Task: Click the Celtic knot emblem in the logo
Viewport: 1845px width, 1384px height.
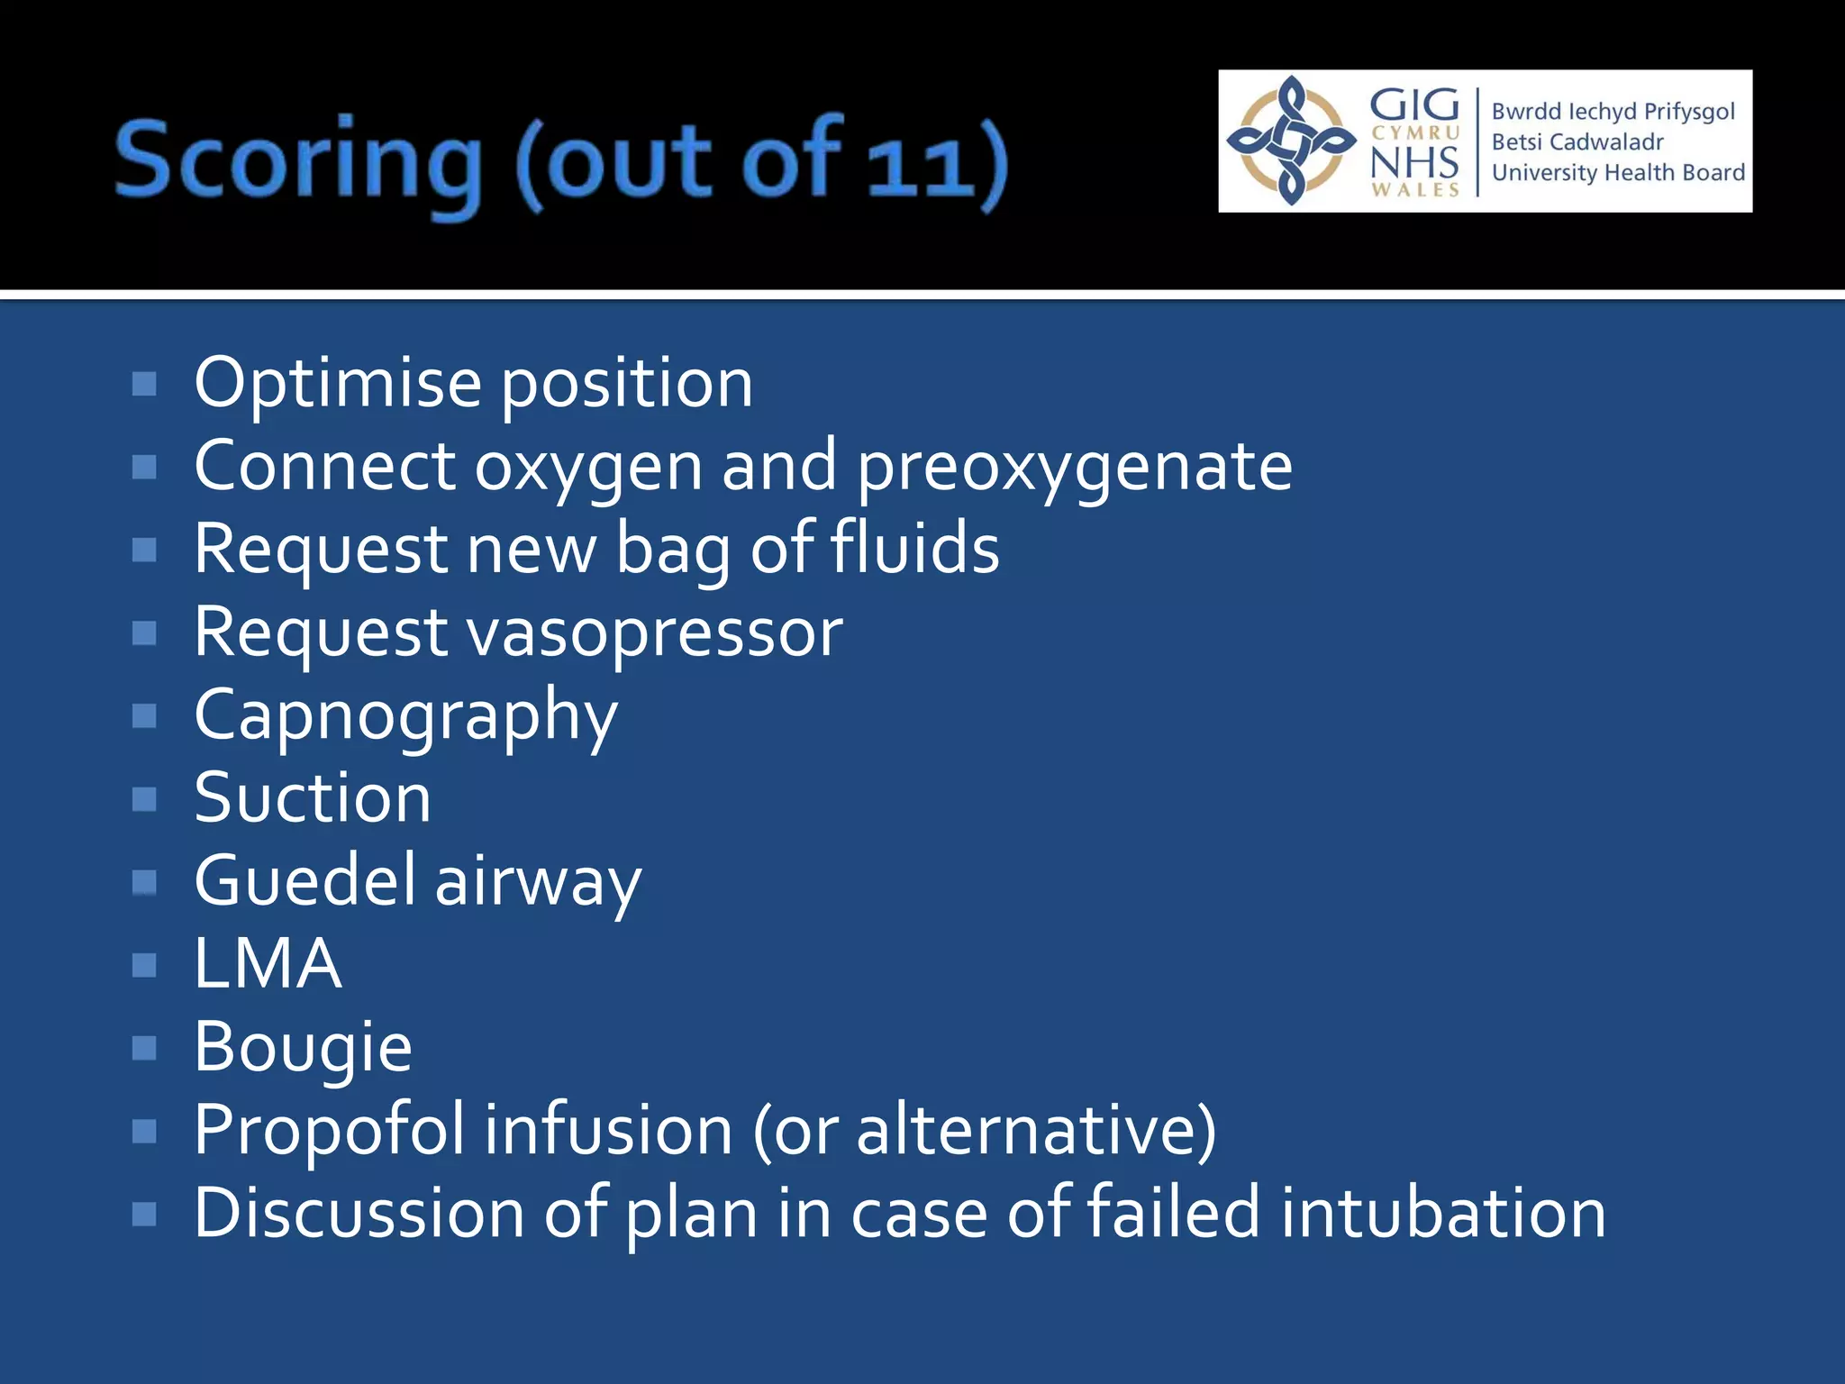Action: point(1291,141)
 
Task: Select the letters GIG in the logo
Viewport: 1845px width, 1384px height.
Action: point(1414,105)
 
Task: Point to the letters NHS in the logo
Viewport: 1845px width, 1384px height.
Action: point(1414,162)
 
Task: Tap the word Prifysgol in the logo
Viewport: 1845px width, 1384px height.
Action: point(1689,111)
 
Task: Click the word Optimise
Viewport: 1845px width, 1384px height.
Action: point(338,384)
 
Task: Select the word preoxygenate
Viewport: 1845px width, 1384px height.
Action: point(1074,468)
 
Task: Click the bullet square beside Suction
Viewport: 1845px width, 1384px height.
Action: point(144,799)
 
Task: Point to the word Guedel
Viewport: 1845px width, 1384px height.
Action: point(304,881)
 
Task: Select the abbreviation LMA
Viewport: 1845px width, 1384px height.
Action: point(268,964)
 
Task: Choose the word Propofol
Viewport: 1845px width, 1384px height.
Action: point(329,1130)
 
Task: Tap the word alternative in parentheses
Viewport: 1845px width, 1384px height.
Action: point(1026,1130)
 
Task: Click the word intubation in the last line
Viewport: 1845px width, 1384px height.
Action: point(1442,1213)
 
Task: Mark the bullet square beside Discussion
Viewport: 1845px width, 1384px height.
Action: point(144,1214)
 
